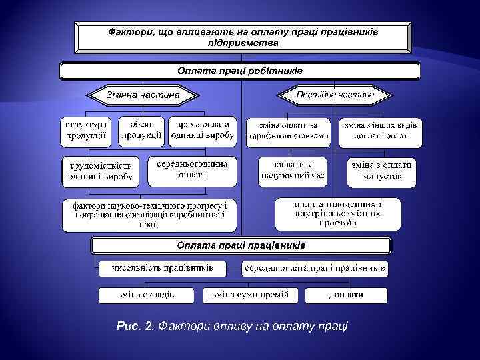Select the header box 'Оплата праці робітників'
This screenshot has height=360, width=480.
tap(240, 71)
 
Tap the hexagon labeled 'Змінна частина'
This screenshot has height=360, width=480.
tap(143, 95)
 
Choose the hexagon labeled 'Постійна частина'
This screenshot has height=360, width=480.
tap(335, 95)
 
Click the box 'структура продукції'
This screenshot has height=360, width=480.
tap(87, 131)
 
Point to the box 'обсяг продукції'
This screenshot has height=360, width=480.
tap(141, 131)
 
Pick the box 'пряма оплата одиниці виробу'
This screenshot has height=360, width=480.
tap(202, 131)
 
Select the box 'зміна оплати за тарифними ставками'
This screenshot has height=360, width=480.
tap(289, 131)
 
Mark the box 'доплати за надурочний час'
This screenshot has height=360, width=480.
tap(293, 171)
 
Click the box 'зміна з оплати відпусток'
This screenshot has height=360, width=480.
tap(381, 171)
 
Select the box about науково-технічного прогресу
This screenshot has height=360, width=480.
tap(149, 215)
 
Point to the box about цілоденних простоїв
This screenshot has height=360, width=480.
tap(338, 214)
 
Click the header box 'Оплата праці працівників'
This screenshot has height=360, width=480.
tap(241, 246)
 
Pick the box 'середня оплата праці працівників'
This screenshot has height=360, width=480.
tap(315, 269)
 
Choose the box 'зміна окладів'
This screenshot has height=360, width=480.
tap(146, 295)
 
